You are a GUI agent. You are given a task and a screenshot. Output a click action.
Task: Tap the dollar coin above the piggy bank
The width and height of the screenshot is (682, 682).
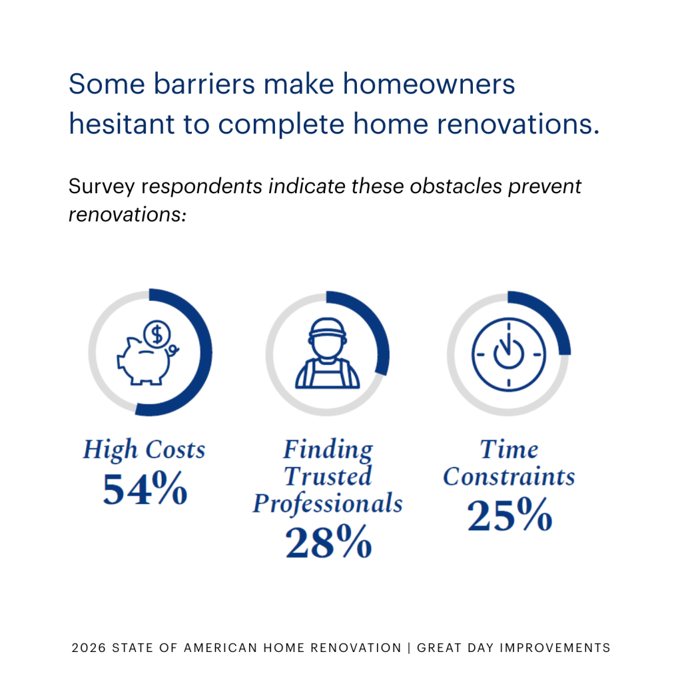(157, 334)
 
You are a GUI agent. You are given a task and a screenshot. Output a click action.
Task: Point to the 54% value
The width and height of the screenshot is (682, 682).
(145, 490)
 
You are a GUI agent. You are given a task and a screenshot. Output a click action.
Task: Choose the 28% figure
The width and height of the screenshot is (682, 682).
(328, 542)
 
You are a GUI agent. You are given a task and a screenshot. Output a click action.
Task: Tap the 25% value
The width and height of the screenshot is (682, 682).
(510, 515)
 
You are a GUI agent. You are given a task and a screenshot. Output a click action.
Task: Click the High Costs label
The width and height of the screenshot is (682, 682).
(144, 450)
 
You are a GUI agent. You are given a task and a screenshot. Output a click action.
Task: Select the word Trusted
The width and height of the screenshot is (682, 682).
(328, 477)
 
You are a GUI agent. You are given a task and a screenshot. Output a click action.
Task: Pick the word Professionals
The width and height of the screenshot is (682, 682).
(328, 504)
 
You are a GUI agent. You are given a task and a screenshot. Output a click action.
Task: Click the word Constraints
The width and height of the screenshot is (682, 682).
(509, 477)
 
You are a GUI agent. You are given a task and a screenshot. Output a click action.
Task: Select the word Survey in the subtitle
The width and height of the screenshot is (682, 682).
(103, 186)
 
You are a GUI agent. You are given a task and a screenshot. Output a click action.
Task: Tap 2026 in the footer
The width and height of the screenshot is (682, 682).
(87, 647)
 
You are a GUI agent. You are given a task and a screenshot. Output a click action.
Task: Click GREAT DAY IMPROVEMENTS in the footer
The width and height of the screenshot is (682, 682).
(513, 647)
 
